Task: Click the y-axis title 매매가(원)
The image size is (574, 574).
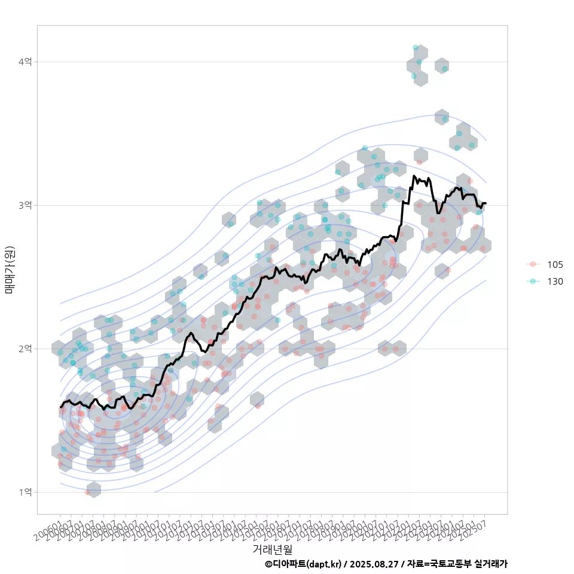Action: click(x=10, y=270)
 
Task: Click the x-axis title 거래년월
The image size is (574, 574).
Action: click(x=272, y=549)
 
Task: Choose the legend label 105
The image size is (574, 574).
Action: click(x=555, y=265)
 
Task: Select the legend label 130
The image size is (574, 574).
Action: click(x=555, y=281)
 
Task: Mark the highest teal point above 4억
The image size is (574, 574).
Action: click(x=416, y=47)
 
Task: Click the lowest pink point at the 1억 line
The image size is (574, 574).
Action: click(x=88, y=492)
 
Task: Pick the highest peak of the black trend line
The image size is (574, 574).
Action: click(x=414, y=176)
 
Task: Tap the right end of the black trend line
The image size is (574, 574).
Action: click(x=486, y=203)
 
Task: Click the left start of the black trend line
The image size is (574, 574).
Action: click(x=60, y=407)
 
